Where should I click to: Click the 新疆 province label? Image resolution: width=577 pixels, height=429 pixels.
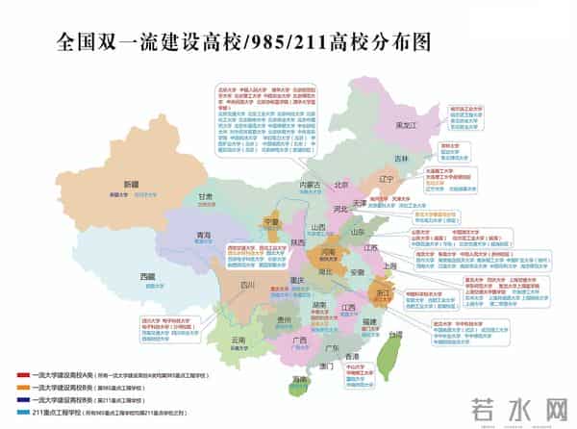[x=130, y=183]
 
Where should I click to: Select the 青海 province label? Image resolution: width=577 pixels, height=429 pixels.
[x=204, y=234]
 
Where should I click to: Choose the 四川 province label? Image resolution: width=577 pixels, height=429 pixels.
[x=247, y=285]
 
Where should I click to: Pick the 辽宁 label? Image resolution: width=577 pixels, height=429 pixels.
[x=387, y=179]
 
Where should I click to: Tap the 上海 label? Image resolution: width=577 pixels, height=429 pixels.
[x=389, y=265]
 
